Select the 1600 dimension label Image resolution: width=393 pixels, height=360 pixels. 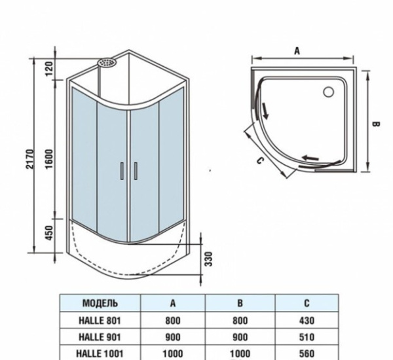click(50, 157)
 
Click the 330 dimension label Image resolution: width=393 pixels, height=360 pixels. click(208, 260)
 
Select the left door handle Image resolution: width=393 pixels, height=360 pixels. click(122, 170)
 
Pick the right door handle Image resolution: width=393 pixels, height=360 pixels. click(135, 170)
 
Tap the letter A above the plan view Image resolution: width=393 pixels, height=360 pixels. click(297, 50)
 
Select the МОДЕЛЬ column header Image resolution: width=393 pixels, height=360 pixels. click(100, 303)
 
